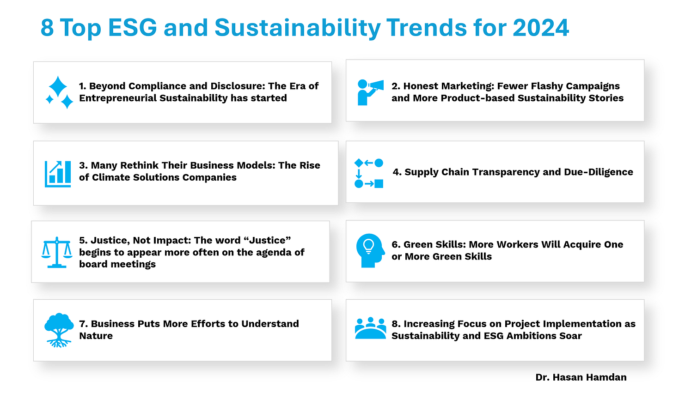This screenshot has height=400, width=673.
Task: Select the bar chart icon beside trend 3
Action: [x=58, y=174]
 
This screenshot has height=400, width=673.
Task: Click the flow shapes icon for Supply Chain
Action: [x=369, y=173]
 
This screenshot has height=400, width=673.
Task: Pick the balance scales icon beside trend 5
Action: [x=57, y=252]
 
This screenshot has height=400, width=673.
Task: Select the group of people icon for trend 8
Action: [x=370, y=328]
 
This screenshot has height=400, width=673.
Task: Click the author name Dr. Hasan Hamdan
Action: [x=581, y=377]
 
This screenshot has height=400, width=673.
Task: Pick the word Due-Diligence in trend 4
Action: [x=599, y=172]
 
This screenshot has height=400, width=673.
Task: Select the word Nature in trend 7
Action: [x=96, y=336]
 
